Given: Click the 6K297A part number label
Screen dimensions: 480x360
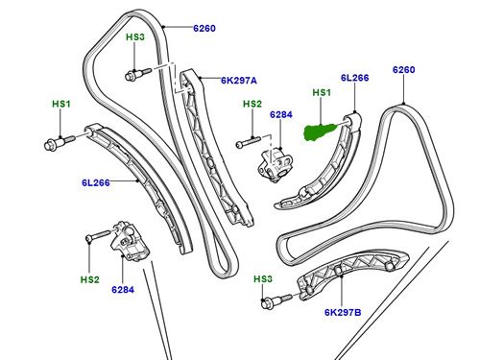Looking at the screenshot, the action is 239,81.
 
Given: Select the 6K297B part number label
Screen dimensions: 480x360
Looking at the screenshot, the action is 343,312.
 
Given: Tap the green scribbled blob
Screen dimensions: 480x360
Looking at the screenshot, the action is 321,132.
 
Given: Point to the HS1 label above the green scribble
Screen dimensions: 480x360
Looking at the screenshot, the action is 322,92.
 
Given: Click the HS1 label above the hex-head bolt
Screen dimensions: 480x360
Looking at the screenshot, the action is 61,104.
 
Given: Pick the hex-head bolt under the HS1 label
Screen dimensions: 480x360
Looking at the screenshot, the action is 60,143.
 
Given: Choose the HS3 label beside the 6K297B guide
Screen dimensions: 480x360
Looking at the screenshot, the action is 263,279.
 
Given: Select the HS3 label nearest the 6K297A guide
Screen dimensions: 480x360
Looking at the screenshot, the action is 135,37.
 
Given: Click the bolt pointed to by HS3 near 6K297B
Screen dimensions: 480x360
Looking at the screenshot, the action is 276,300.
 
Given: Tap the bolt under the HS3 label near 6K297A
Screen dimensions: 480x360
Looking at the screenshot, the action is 138,74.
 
